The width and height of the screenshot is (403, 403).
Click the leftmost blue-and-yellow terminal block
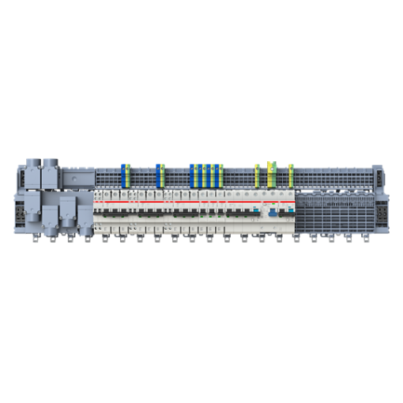122,175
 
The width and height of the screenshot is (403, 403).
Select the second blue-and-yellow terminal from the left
160,175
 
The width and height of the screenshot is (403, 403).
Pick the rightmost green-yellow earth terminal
291,175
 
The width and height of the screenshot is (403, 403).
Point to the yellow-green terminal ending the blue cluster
222,175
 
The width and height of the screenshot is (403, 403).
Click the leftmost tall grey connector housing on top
33,175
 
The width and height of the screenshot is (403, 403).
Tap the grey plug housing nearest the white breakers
83,215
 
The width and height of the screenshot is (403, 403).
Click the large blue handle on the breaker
270,213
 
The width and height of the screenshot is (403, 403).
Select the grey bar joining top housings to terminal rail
75,171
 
